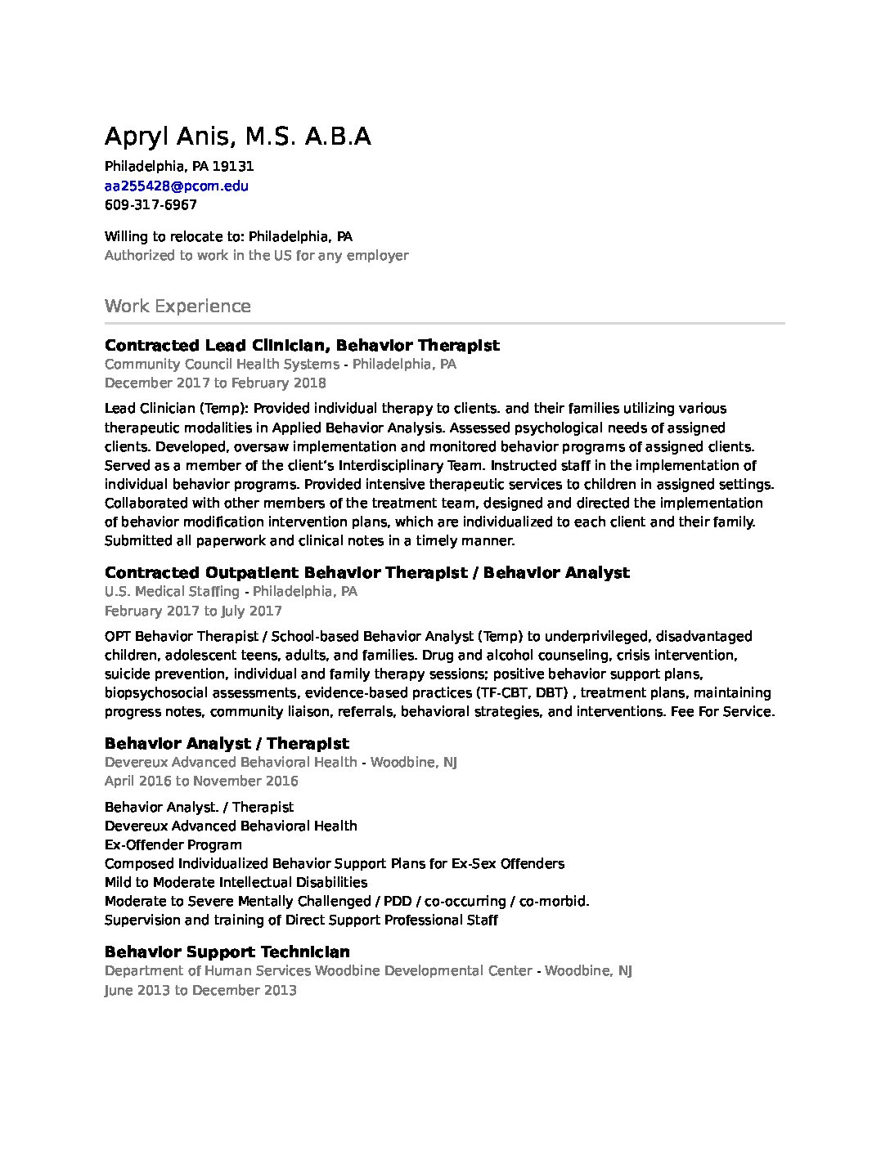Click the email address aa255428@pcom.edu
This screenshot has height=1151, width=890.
tap(177, 186)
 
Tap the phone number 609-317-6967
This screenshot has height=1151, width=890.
tap(151, 204)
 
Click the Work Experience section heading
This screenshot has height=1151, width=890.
tap(178, 307)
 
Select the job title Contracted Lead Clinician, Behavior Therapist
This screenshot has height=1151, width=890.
tap(302, 345)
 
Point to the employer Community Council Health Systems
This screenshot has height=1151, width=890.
tap(222, 364)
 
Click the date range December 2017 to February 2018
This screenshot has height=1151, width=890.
tap(215, 383)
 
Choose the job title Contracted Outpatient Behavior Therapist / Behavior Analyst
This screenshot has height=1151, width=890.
tap(367, 572)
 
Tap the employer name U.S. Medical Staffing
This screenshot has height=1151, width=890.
tap(172, 591)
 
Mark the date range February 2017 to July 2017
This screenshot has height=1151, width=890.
tap(193, 611)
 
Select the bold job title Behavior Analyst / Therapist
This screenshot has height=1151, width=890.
tap(227, 743)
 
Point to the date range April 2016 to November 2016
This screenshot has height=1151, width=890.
tap(201, 781)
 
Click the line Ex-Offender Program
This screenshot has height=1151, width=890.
tap(173, 844)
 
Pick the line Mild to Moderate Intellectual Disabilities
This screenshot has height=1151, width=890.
tap(236, 882)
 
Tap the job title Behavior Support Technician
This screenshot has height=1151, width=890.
tap(227, 952)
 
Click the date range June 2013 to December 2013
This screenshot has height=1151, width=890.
tap(200, 990)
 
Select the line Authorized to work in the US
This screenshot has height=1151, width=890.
tap(256, 255)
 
